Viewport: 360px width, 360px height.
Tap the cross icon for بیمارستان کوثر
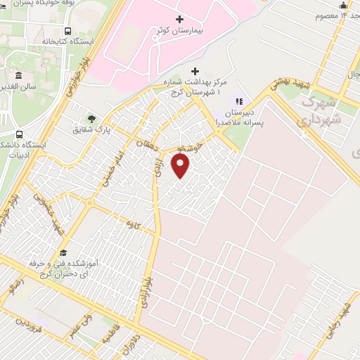point(179,19)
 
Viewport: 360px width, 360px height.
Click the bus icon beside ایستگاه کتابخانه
point(67,31)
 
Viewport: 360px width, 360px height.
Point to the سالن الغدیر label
point(40,76)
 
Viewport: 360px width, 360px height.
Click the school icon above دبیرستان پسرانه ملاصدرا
point(238,101)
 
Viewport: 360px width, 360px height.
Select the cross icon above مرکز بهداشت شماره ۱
point(195,72)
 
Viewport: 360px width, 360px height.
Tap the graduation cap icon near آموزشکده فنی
point(63,252)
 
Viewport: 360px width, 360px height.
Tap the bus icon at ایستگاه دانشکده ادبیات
point(19,134)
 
